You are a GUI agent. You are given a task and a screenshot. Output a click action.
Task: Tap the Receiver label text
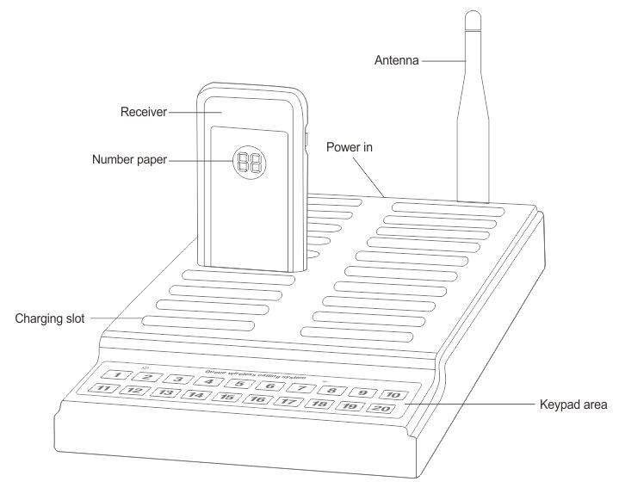click(144, 110)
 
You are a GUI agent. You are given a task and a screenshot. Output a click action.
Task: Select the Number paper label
click(130, 159)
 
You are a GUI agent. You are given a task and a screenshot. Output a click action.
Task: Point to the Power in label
click(349, 147)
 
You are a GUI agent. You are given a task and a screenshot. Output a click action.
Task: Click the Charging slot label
click(49, 318)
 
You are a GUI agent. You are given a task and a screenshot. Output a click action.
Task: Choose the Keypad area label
click(573, 404)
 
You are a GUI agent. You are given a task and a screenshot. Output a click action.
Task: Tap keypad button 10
click(392, 394)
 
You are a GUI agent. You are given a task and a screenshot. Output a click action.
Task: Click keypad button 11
click(104, 390)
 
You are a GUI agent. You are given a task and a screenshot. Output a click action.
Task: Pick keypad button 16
click(257, 399)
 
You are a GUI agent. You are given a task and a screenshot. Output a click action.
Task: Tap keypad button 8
click(331, 390)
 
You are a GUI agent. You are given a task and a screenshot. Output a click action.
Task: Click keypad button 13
click(165, 393)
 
